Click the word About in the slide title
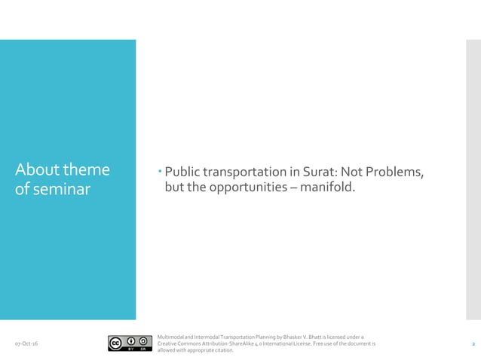tap(35, 170)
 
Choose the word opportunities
tap(247, 188)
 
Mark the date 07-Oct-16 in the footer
tap(28, 344)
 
